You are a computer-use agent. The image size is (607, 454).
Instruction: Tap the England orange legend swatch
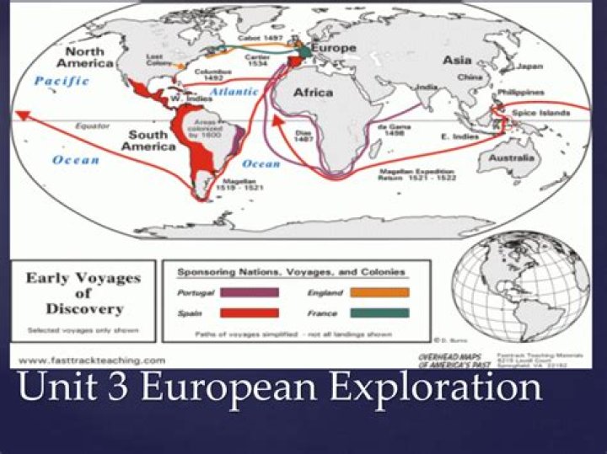tap(379, 292)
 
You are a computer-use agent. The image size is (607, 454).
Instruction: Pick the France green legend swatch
tap(379, 312)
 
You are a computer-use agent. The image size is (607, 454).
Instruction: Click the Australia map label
tap(513, 158)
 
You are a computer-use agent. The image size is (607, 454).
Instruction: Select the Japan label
tap(529, 66)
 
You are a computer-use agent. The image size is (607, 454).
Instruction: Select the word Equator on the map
tap(87, 126)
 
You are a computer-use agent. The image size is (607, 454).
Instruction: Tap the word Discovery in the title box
tap(83, 309)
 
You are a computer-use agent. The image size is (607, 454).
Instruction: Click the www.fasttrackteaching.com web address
tap(89, 360)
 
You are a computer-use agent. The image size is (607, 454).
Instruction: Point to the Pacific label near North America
tap(62, 81)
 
